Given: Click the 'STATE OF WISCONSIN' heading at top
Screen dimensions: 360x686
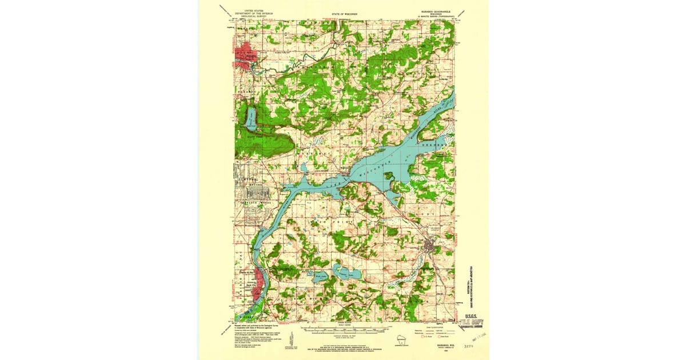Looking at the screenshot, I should pyautogui.click(x=343, y=11).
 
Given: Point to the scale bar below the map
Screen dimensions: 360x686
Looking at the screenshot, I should pyautogui.click(x=343, y=330).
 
